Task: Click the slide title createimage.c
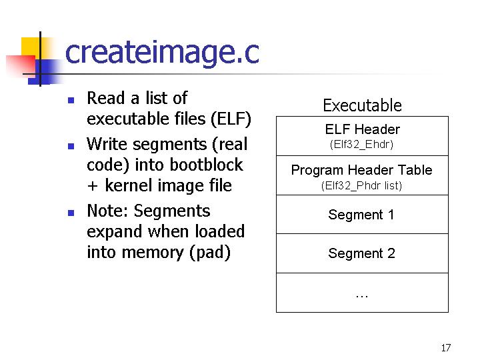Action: pyautogui.click(x=162, y=53)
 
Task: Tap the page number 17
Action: pyautogui.click(x=446, y=348)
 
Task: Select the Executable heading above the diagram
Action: pyautogui.click(x=362, y=105)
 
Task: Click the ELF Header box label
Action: pyautogui.click(x=363, y=129)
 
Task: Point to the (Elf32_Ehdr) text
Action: pyautogui.click(x=361, y=144)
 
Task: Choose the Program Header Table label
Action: pyautogui.click(x=361, y=170)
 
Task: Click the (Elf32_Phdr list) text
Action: pyautogui.click(x=361, y=185)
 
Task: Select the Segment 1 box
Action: pyautogui.click(x=362, y=214)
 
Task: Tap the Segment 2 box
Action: pyautogui.click(x=362, y=253)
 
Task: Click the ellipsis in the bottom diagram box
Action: pyautogui.click(x=362, y=296)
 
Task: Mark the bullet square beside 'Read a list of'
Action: pyautogui.click(x=71, y=101)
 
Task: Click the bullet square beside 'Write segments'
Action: pyautogui.click(x=71, y=146)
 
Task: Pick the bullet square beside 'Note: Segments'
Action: pyautogui.click(x=71, y=213)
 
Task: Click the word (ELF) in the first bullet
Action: pyautogui.click(x=231, y=119)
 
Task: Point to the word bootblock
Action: pyautogui.click(x=206, y=165)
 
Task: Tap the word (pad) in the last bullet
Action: pyautogui.click(x=210, y=253)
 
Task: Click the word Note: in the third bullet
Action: pyautogui.click(x=108, y=211)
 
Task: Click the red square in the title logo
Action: pyautogui.click(x=21, y=65)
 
